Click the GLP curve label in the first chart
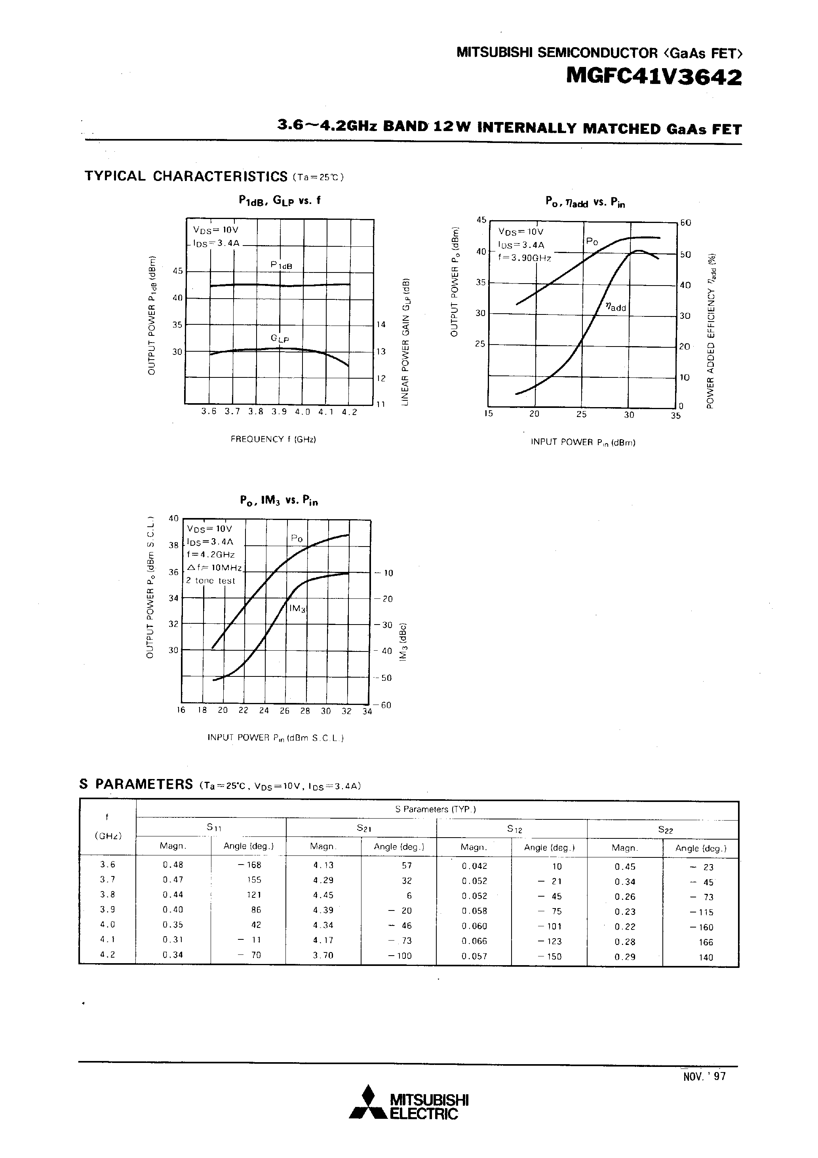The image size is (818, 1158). pos(280,339)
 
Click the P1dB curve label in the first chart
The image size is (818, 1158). pos(281,265)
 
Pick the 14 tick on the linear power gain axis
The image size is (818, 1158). pos(381,324)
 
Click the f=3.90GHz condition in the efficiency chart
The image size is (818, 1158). pos(525,258)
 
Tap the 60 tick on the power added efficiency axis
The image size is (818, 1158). pos(685,223)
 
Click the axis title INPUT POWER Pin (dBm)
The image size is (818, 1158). pos(582,442)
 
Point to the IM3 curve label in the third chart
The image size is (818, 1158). pos(298,608)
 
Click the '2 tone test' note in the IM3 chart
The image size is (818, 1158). pos(211,581)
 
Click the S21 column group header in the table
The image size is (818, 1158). pos(361,828)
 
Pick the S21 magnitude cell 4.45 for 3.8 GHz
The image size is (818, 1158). pos(323,895)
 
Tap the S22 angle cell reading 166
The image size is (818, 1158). pos(706,942)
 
